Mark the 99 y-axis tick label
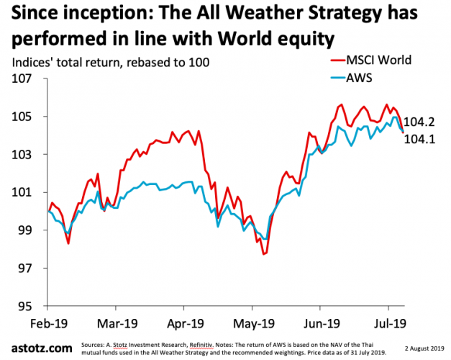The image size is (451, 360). tap(27, 230)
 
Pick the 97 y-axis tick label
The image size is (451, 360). tap(27, 268)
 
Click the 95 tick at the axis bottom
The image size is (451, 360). tap(27, 306)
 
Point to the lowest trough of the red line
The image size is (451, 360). tap(264, 254)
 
